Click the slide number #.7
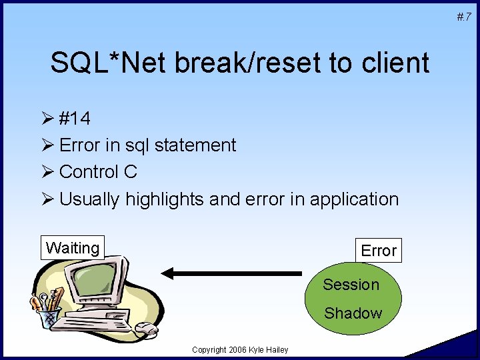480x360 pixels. tap(464, 15)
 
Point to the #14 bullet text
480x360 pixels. tap(75, 119)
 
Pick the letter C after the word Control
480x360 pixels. tap(131, 171)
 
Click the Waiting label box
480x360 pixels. tap(73, 248)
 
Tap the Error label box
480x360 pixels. tap(379, 251)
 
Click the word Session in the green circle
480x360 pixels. tap(351, 285)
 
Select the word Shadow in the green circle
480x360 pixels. tap(353, 313)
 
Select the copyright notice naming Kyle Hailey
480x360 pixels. tap(240, 350)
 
